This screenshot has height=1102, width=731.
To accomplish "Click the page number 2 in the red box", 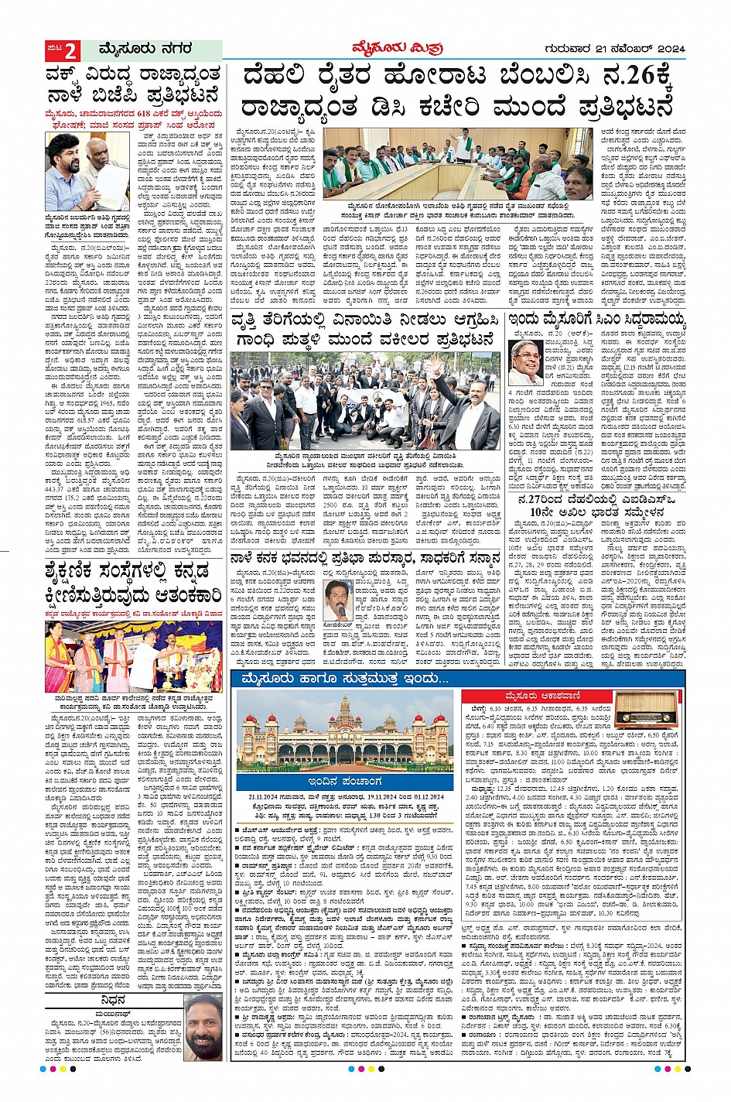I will pos(70,52).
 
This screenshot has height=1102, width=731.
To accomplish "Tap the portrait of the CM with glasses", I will pos(527,362).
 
